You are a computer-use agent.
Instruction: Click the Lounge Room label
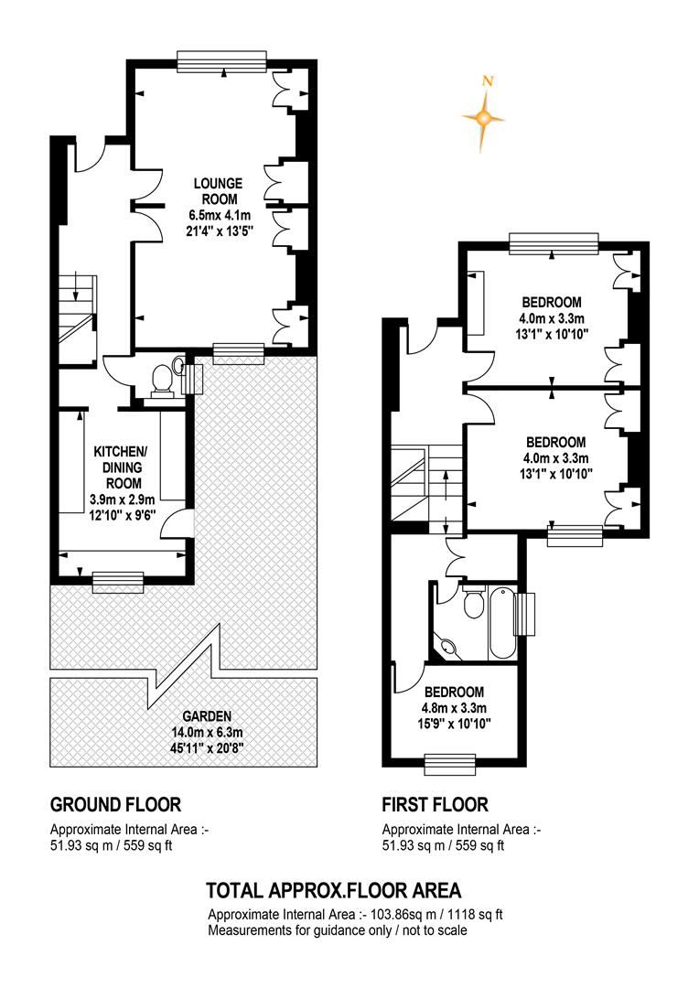tap(218, 191)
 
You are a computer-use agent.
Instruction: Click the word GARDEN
tap(207, 716)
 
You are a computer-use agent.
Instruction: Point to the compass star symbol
tap(483, 118)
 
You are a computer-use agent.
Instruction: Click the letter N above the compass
tap(487, 81)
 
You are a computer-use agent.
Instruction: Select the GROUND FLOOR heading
tap(115, 805)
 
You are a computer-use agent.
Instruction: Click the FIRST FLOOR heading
tap(435, 805)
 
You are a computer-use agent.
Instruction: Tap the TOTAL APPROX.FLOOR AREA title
tap(334, 890)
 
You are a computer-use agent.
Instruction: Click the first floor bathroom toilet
tap(473, 602)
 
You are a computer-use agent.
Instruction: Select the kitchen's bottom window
tap(118, 582)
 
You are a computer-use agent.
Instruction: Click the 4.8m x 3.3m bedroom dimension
tap(454, 707)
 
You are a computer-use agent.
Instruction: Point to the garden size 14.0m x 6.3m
tap(207, 733)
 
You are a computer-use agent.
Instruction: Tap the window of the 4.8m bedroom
tap(449, 765)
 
